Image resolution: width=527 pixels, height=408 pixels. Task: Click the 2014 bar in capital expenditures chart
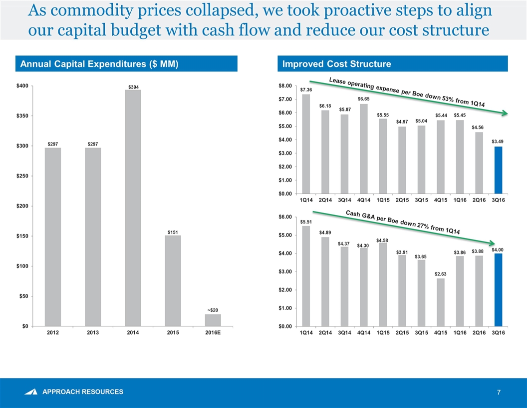(x=133, y=208)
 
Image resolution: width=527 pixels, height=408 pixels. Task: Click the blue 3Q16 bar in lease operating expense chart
(x=498, y=170)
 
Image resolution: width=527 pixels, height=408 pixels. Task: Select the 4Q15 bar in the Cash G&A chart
(x=440, y=302)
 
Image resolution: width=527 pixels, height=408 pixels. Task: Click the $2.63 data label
(x=440, y=274)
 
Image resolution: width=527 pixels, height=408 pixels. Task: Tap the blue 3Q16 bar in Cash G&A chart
(x=498, y=290)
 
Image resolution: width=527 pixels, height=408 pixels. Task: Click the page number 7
(x=499, y=392)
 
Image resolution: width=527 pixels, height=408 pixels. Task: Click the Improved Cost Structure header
(x=337, y=64)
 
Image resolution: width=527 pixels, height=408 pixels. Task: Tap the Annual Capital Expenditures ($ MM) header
(x=98, y=64)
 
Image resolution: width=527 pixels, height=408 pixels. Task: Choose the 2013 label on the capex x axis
(x=93, y=333)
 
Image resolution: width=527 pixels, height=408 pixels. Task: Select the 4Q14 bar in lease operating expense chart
(x=364, y=148)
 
